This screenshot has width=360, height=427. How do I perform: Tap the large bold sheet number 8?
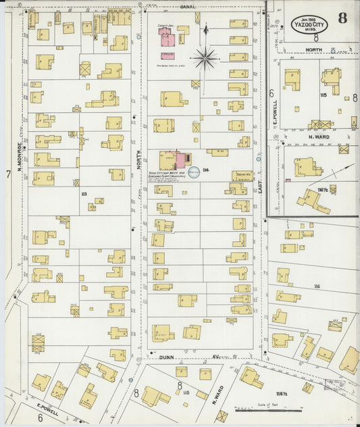click(x=343, y=18)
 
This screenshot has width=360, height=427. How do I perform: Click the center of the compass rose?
click(x=205, y=58)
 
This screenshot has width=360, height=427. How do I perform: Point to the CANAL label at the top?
click(x=187, y=6)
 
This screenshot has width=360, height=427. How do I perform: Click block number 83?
click(x=84, y=195)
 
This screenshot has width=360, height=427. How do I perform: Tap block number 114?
click(x=205, y=170)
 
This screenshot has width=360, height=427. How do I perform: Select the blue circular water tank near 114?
click(x=193, y=173)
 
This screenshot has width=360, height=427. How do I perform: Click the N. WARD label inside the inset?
click(x=317, y=137)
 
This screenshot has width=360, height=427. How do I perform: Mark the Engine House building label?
click(x=242, y=174)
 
